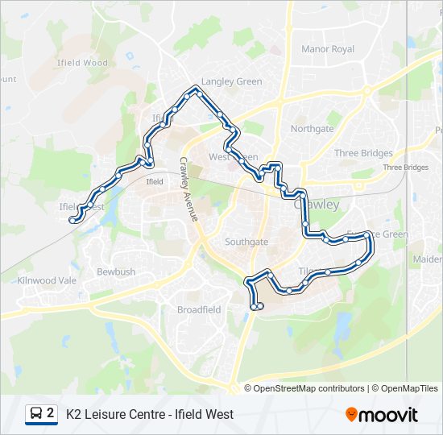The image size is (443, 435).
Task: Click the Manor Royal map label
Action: point(328,49)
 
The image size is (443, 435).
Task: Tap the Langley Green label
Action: point(232,81)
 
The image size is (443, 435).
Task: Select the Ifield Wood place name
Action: point(82,62)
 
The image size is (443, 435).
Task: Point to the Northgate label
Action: point(312,129)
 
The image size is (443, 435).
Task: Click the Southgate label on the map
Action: point(246,242)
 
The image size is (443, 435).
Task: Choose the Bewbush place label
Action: point(116,272)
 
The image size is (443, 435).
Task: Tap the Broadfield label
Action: point(199,309)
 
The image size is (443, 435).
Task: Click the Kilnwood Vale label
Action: point(47,280)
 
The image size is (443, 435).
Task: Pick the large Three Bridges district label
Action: point(363,153)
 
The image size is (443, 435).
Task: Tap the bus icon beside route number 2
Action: point(36,414)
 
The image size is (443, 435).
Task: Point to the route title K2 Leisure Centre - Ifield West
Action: point(150,414)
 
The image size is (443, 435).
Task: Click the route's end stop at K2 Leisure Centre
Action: point(257,306)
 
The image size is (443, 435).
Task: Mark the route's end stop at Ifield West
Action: point(73,219)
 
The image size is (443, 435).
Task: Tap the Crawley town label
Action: point(317,205)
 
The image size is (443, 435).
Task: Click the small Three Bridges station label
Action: point(405,168)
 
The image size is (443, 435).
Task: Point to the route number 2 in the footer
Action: point(51,413)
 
